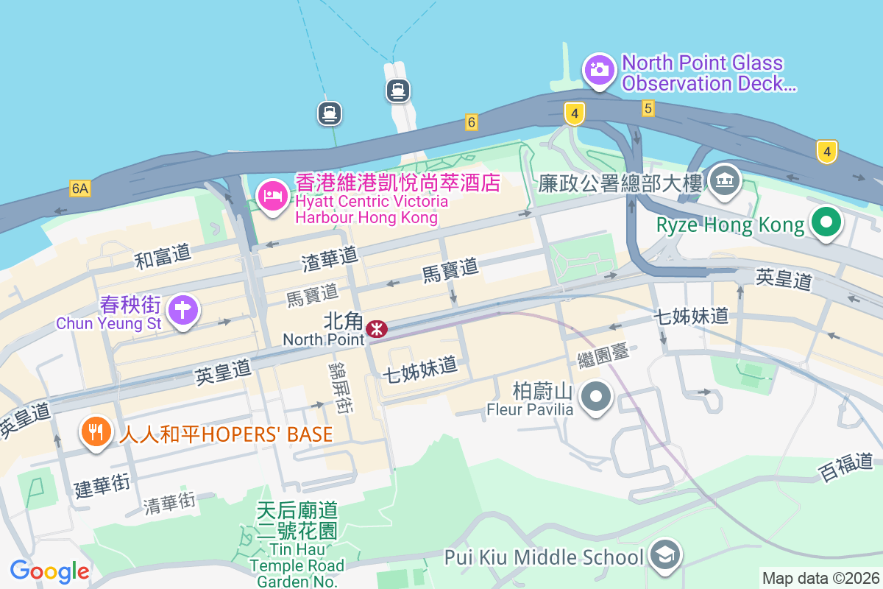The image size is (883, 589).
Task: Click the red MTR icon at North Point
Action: (377, 328)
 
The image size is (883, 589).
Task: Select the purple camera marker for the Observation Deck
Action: (599, 71)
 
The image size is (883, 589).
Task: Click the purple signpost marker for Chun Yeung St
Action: (182, 310)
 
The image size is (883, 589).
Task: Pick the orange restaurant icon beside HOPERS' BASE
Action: (96, 431)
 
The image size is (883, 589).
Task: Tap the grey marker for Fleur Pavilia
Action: (596, 398)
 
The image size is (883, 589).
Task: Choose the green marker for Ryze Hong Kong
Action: (826, 222)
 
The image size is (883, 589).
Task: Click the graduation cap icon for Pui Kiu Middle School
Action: (665, 557)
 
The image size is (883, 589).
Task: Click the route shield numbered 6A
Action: (80, 189)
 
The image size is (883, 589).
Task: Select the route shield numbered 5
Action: (648, 108)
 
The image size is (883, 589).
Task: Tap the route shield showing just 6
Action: (471, 122)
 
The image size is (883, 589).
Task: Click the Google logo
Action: (49, 571)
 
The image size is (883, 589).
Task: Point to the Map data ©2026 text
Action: (820, 578)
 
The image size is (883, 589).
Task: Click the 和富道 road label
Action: (163, 257)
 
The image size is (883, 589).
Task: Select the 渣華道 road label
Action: (329, 257)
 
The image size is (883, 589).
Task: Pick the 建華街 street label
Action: (102, 485)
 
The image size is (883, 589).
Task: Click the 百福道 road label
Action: (845, 468)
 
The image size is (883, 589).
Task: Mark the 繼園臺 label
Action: (603, 356)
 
